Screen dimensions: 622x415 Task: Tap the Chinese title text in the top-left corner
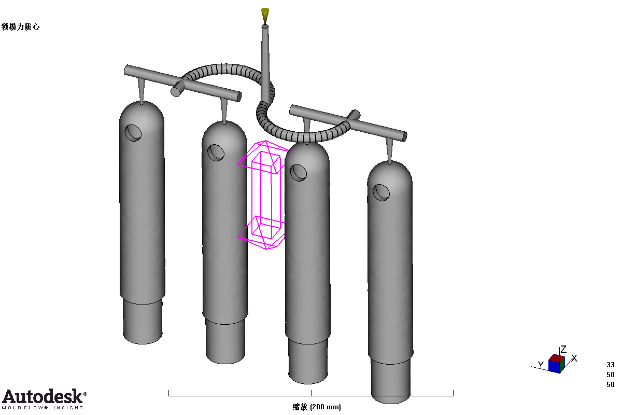pos(21,26)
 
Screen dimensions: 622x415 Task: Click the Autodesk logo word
pos(43,396)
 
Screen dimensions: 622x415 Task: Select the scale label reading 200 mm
pos(317,407)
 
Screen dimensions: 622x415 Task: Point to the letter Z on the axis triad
pos(563,349)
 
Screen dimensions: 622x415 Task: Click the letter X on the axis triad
pos(574,358)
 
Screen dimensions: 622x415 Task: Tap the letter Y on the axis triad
pos(541,364)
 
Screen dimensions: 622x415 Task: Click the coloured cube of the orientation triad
pos(557,363)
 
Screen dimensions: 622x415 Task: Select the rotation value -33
pos(609,365)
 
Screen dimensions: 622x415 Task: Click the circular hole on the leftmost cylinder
pos(133,133)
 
